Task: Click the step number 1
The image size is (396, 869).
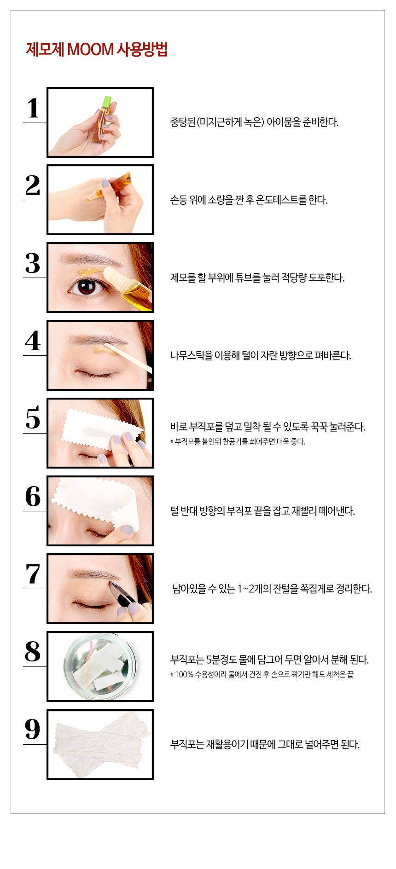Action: pyautogui.click(x=33, y=109)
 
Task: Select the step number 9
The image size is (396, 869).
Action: pyautogui.click(x=33, y=729)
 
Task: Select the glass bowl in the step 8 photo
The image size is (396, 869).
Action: pyautogui.click(x=100, y=666)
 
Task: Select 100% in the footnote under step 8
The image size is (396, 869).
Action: pyautogui.click(x=184, y=675)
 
